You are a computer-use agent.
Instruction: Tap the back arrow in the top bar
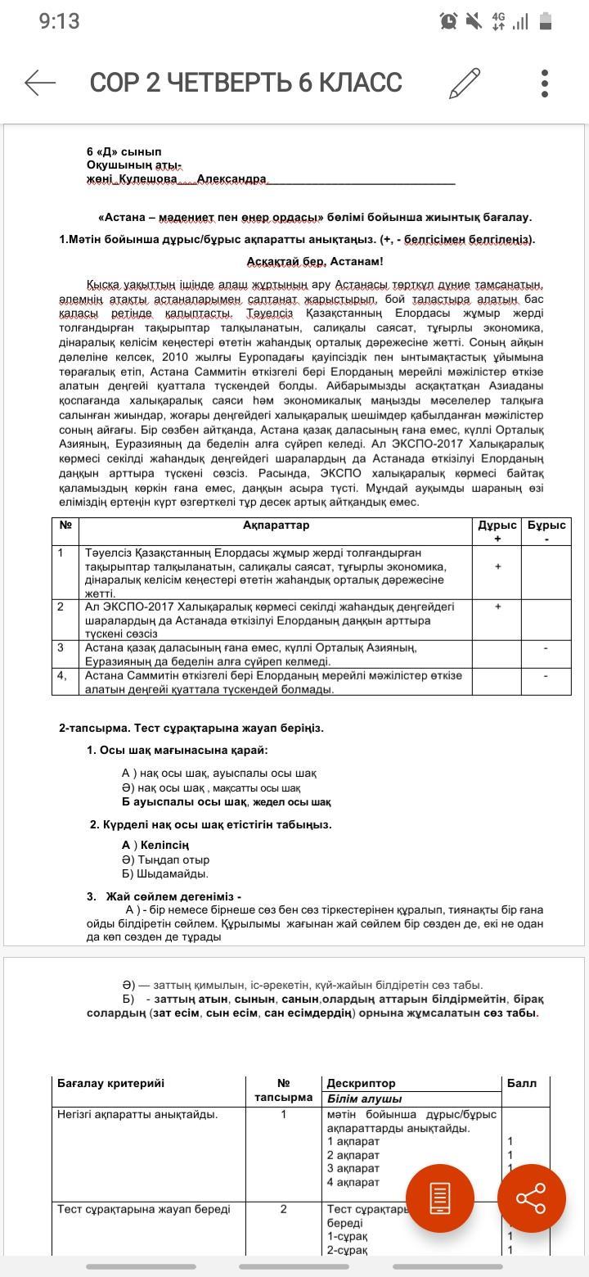40,83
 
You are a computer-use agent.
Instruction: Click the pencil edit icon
464,83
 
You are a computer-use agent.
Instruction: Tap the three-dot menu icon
545,83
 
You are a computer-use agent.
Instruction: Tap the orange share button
531,1198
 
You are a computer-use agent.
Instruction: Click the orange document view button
440,1198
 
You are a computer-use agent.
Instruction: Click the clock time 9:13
59,21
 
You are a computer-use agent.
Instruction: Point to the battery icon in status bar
546,21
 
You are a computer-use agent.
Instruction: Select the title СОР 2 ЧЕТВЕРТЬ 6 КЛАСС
245,83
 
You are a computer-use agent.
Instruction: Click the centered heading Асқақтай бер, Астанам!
315,261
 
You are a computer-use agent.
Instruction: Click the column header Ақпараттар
276,525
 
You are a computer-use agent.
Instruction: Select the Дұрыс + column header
497,531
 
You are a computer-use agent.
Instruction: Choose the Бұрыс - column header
546,531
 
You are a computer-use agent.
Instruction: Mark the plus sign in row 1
497,566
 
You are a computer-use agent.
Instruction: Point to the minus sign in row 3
546,648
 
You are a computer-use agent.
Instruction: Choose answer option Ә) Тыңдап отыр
165,860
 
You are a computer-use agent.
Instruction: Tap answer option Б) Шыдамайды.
161,873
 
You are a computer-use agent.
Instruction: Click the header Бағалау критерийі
111,1083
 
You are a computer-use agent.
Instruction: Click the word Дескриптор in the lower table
361,1083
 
